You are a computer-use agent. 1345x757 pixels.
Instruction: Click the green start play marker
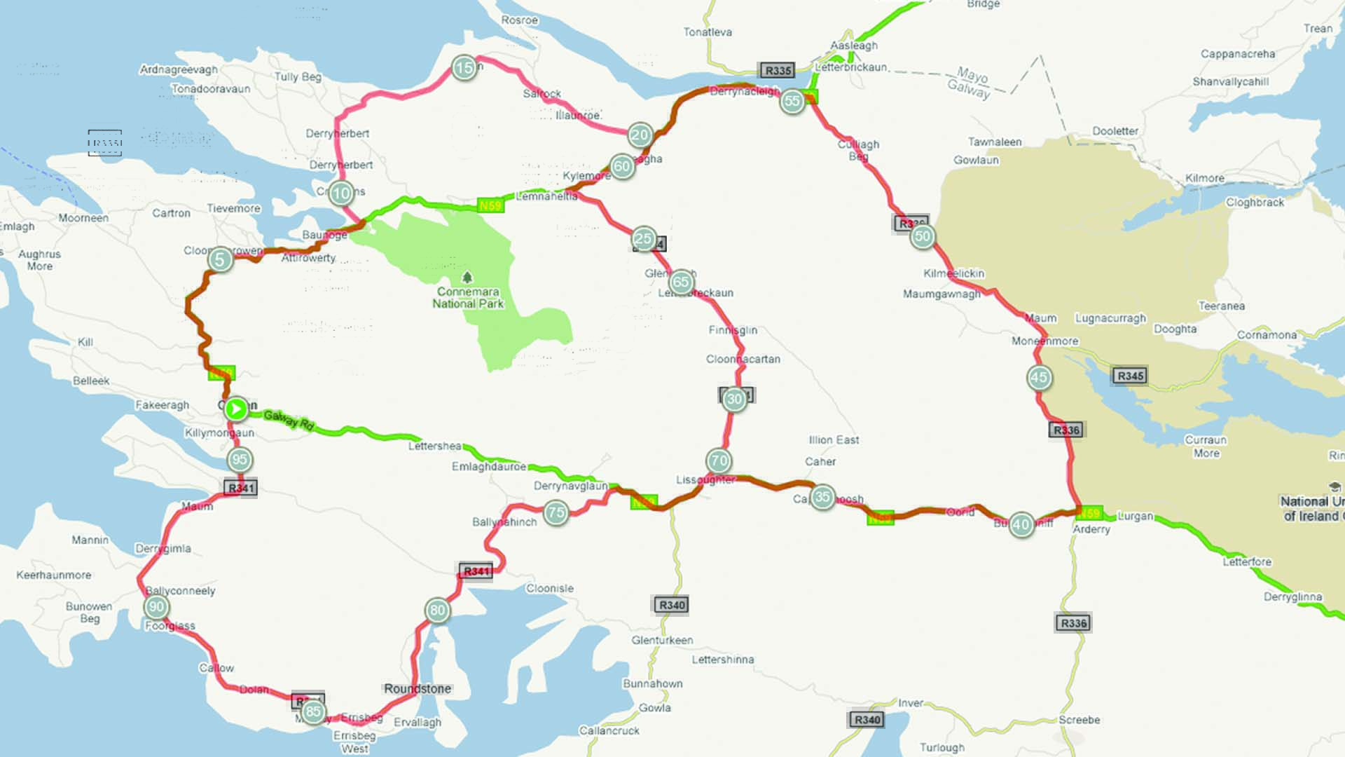(x=237, y=409)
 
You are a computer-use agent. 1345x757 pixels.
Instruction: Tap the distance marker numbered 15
(x=464, y=68)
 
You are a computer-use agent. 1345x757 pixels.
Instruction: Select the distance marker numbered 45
(x=1039, y=378)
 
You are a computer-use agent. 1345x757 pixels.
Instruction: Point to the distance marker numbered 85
(x=313, y=712)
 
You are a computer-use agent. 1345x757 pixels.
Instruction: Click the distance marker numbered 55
(x=792, y=101)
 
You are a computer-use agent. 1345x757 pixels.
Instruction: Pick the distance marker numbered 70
(x=719, y=461)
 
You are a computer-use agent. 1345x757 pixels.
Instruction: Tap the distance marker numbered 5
(x=220, y=260)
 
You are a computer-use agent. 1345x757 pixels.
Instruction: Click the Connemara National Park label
(x=468, y=298)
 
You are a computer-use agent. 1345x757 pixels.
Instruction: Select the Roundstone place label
(x=418, y=689)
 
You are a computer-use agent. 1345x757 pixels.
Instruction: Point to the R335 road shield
(x=778, y=70)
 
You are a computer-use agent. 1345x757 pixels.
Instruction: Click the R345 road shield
(x=1131, y=376)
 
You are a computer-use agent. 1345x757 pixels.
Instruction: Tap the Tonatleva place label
(x=708, y=32)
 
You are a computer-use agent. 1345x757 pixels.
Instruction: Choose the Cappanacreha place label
(x=1238, y=54)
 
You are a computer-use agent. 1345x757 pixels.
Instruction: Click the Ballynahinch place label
(x=504, y=522)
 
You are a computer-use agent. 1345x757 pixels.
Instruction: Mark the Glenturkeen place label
(x=662, y=641)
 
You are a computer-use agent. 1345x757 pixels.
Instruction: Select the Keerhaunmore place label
(x=54, y=575)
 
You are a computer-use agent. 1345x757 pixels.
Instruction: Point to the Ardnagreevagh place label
(x=179, y=69)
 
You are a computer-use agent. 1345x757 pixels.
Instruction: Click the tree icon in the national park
(x=467, y=278)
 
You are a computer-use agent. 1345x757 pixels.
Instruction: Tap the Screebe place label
(x=1079, y=720)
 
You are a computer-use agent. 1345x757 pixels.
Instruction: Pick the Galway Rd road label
(x=289, y=420)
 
